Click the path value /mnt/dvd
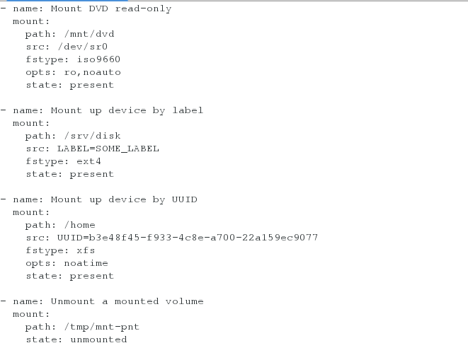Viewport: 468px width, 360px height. pyautogui.click(x=89, y=34)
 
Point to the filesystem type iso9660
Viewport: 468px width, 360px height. pyautogui.click(x=98, y=59)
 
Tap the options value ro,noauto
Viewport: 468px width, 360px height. pyautogui.click(x=93, y=72)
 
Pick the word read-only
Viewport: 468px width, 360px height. pyautogui.click(x=143, y=8)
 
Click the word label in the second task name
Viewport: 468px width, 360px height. pyautogui.click(x=188, y=110)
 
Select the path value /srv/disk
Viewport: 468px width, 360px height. pyautogui.click(x=93, y=136)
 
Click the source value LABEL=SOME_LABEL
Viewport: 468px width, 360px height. pyautogui.click(x=108, y=149)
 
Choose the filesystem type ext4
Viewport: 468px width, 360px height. pyautogui.click(x=89, y=161)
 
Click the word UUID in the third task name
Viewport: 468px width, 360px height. pyautogui.click(x=185, y=199)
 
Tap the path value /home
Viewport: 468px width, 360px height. pyautogui.click(x=80, y=225)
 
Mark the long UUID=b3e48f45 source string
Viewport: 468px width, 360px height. pyautogui.click(x=188, y=238)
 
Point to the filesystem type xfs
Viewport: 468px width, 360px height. pyautogui.click(x=86, y=250)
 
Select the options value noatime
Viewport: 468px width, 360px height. pyautogui.click(x=86, y=263)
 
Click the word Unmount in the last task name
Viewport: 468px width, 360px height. pyautogui.click(x=73, y=301)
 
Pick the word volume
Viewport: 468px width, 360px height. pyautogui.click(x=185, y=301)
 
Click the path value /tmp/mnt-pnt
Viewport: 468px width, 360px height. pyautogui.click(x=102, y=327)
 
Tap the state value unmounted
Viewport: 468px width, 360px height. pyautogui.click(x=98, y=339)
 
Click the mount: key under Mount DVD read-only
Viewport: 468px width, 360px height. pyautogui.click(x=31, y=21)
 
